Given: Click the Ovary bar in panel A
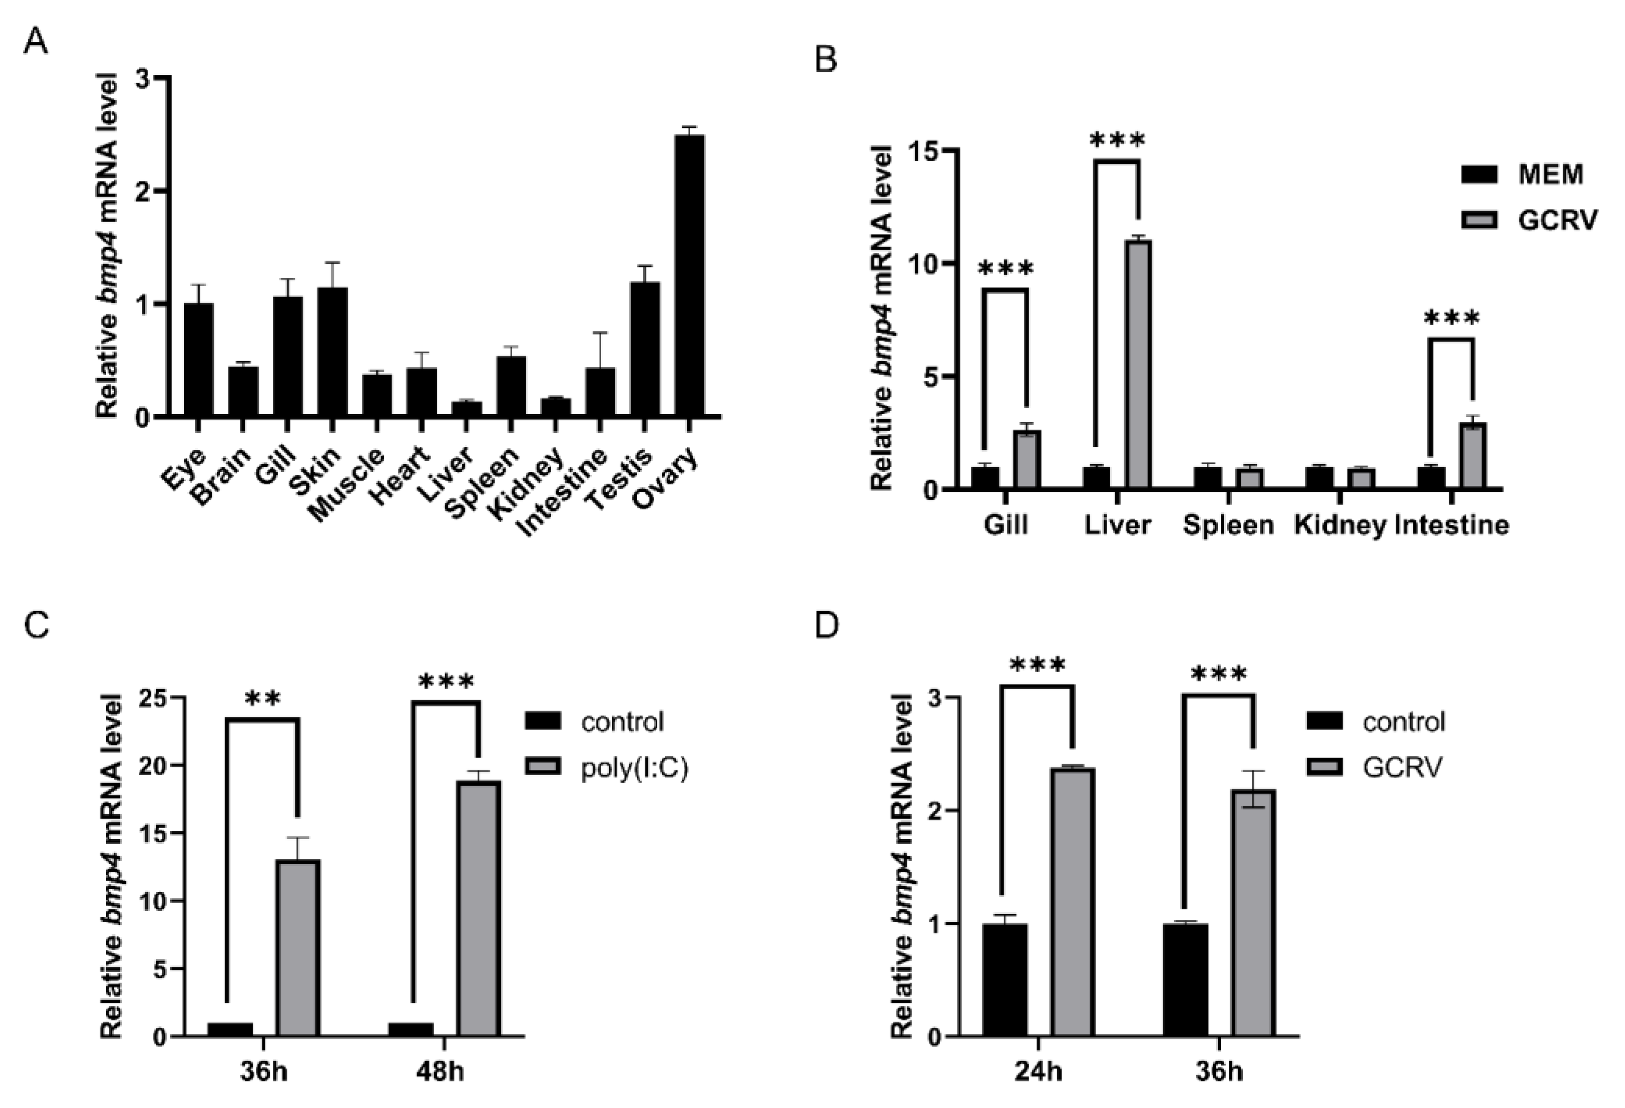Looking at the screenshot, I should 688,276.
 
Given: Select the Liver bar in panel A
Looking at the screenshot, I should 466,408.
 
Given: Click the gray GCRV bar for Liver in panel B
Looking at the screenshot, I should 1138,364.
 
